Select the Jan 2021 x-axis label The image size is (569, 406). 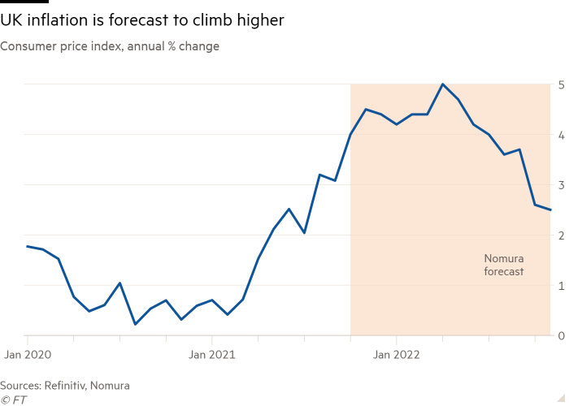point(211,355)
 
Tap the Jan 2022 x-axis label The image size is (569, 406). point(396,355)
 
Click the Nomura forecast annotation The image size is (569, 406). point(504,266)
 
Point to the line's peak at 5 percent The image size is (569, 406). point(442,84)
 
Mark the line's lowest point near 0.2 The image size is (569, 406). point(135,324)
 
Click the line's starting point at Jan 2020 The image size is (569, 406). point(27,245)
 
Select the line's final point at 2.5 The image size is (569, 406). point(552,210)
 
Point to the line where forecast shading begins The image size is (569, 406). point(350,136)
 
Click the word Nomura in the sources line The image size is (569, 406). point(111,386)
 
